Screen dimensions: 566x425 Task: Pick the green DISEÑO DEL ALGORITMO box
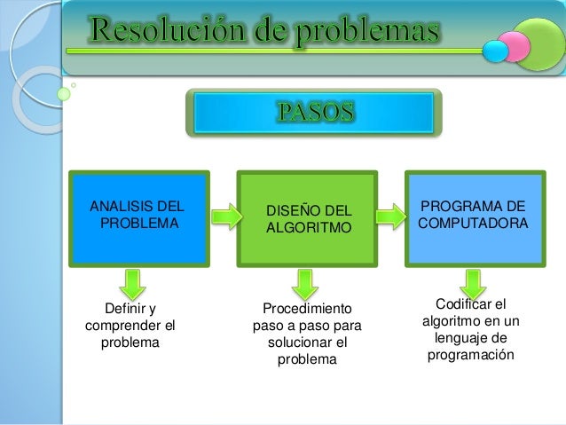308,218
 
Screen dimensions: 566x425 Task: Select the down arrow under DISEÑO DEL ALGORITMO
304,281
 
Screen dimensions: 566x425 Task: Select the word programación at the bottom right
470,355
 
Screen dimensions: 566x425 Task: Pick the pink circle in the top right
512,42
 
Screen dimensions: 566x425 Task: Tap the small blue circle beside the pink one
495,51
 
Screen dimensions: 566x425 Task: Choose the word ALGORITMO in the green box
309,228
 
